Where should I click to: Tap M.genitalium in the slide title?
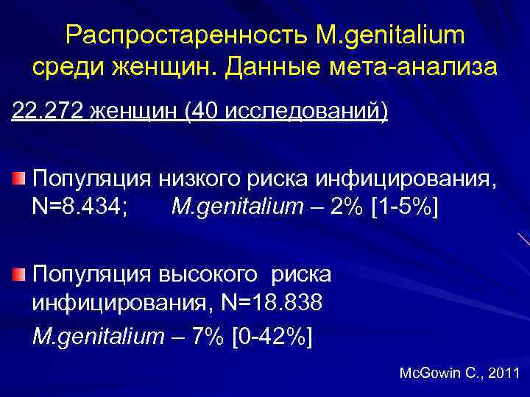383,36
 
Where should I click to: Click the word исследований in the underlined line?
299,112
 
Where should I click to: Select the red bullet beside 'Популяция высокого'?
19,274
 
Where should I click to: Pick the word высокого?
206,275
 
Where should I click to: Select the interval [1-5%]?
406,207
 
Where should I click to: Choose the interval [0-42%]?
272,336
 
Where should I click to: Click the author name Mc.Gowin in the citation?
431,373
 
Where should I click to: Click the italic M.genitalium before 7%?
99,337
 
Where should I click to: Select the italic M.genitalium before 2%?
237,208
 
